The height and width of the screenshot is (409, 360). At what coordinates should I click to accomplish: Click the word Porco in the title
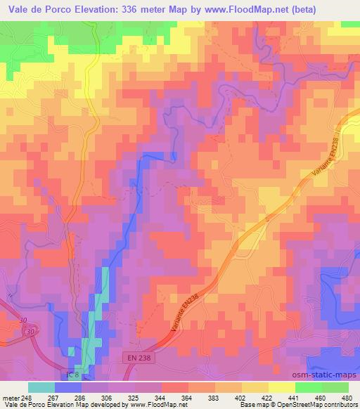[63, 10]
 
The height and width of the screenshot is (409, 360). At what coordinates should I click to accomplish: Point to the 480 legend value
[346, 397]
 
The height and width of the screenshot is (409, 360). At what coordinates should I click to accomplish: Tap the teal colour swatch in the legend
[41, 387]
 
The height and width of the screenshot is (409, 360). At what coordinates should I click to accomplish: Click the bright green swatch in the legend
[309, 387]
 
